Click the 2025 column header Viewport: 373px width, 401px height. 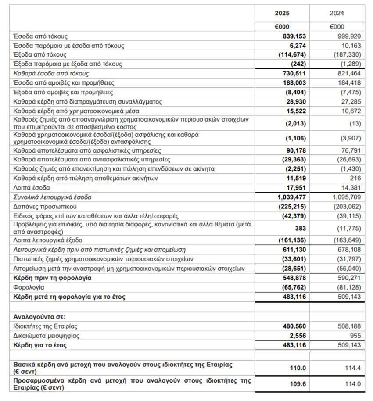coord(282,13)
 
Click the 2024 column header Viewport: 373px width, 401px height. coord(337,13)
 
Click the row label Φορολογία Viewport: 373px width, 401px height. coord(29,287)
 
